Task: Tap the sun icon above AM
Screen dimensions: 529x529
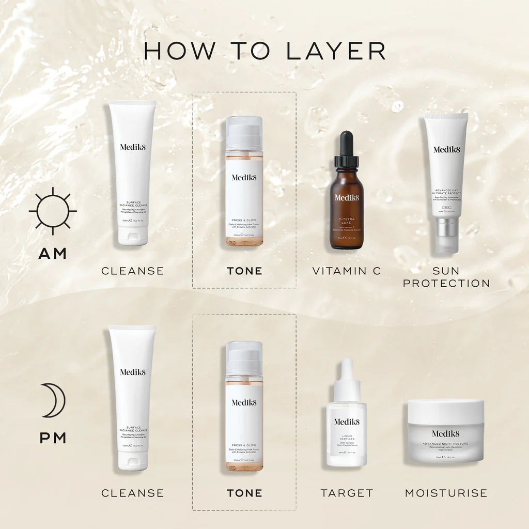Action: tap(53, 211)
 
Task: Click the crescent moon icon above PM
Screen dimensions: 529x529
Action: tap(54, 400)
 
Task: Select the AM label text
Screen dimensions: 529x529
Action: tap(53, 254)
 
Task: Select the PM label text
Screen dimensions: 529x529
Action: tap(53, 438)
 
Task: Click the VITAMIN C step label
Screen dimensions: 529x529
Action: tap(347, 271)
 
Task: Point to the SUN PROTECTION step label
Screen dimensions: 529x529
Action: tap(446, 277)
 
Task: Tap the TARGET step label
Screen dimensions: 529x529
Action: tap(347, 493)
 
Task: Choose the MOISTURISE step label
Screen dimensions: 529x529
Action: tap(446, 493)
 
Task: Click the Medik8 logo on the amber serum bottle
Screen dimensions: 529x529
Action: tap(347, 197)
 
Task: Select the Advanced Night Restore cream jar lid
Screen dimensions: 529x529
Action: tap(446, 411)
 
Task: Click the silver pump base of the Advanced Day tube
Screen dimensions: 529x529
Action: tap(446, 235)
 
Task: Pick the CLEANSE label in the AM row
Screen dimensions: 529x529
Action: tap(132, 271)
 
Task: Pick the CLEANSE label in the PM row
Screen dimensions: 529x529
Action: tap(132, 493)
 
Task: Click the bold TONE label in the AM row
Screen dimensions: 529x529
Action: tap(244, 271)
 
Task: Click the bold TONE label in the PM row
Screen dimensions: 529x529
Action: tap(244, 493)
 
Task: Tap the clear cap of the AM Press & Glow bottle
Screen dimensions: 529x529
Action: tap(244, 133)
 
